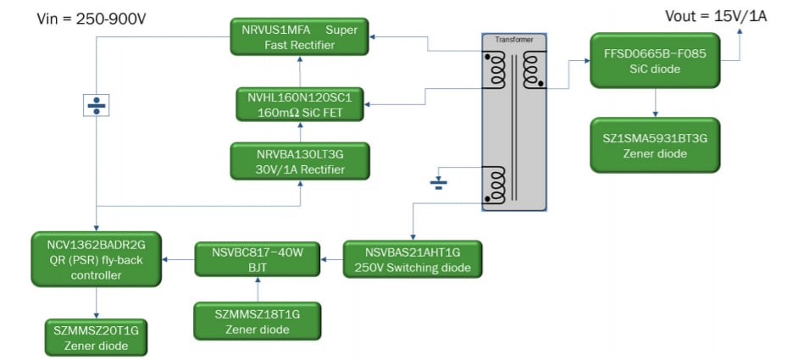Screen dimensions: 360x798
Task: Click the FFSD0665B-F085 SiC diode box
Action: (x=655, y=61)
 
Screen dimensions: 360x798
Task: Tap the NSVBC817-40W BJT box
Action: (x=256, y=259)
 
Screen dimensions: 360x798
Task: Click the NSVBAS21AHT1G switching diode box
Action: (x=413, y=260)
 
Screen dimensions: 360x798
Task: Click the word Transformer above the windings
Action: (x=513, y=40)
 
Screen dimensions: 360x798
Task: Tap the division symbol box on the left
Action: (x=96, y=105)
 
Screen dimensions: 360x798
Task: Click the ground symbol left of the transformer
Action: (x=437, y=181)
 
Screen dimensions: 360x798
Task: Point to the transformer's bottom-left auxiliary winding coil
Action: (x=495, y=185)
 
